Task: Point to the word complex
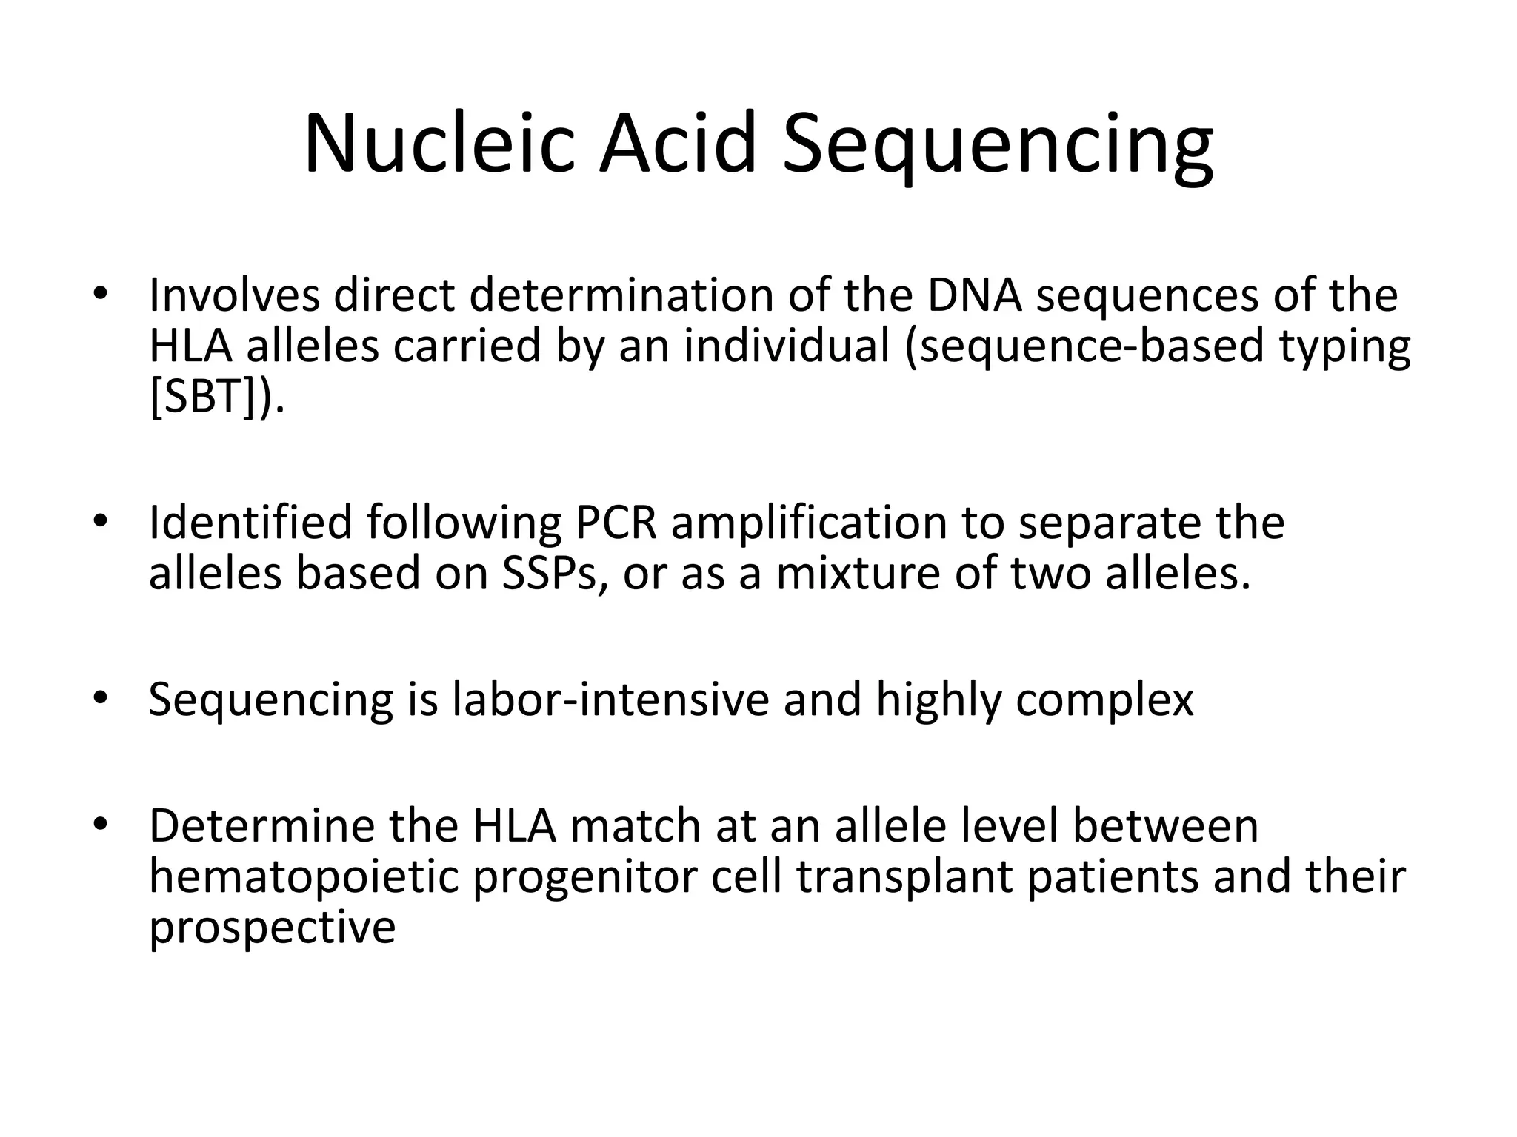pyautogui.click(x=1104, y=699)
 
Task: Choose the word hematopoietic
pyautogui.click(x=304, y=876)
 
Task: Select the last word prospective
pyautogui.click(x=273, y=928)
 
